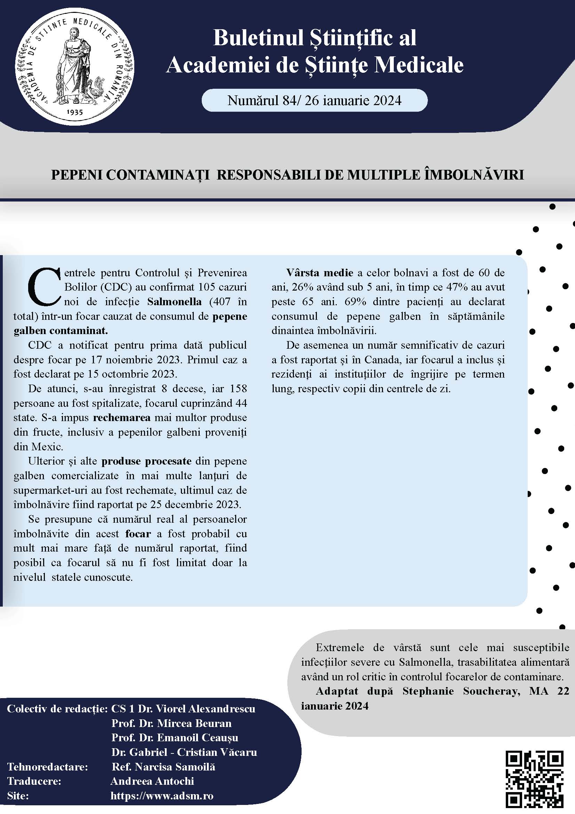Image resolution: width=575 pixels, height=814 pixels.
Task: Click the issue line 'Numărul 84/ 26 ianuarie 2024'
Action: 314,101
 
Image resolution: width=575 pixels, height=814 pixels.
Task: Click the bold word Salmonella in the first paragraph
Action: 174,302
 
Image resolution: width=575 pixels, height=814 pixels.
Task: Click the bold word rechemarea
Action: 121,418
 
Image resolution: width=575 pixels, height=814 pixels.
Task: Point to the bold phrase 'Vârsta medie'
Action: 320,272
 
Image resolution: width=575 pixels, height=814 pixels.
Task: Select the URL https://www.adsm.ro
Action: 162,796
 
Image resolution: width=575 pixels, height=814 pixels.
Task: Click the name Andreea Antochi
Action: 152,781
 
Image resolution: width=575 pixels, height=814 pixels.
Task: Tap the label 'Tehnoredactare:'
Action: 47,767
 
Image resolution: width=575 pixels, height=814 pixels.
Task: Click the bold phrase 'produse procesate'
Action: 146,461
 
